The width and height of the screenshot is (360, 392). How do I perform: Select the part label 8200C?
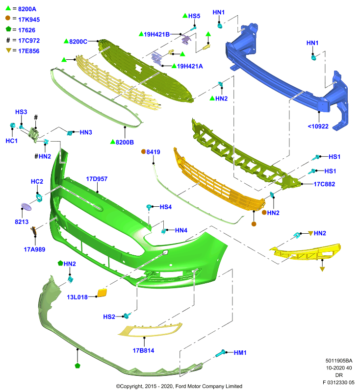78,42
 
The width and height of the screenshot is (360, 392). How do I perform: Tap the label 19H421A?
190,66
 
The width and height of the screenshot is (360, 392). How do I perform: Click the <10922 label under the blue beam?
318,126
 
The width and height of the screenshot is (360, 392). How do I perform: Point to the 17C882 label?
324,184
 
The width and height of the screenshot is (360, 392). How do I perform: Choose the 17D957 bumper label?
97,179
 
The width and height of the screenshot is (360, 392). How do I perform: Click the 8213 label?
22,222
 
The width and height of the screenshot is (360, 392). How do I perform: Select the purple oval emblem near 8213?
26,207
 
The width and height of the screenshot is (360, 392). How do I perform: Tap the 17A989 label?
34,249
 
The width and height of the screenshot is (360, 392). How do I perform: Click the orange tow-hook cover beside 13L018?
102,293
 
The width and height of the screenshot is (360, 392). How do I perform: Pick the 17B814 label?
143,350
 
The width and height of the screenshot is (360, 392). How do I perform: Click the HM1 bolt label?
240,352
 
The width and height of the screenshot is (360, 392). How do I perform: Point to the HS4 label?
166,207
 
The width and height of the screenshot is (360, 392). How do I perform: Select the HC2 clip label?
37,181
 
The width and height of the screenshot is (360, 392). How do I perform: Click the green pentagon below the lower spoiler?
77,366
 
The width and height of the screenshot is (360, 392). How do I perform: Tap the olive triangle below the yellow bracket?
322,269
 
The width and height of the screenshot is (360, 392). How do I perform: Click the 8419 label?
153,152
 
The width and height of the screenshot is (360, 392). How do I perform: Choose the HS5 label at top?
194,16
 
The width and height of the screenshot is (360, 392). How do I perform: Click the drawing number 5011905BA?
339,361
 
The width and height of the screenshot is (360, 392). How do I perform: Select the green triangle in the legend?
8,8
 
